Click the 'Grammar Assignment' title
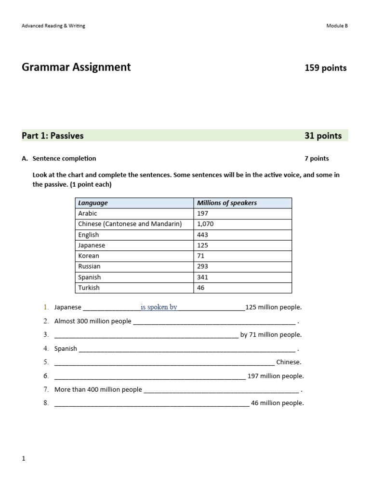coord(76,67)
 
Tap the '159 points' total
coord(325,68)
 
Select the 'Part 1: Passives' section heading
coord(53,136)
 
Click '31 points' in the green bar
coord(323,136)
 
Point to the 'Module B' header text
coord(337,26)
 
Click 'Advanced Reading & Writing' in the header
coord(53,26)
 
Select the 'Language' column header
coord(93,203)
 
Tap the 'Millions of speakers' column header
coord(227,203)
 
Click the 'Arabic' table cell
coord(88,213)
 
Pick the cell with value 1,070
coord(205,224)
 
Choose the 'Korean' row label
coord(89,256)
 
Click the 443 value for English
coord(202,235)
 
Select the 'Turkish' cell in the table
coord(89,288)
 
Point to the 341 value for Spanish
coord(202,277)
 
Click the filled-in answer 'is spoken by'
coord(159,307)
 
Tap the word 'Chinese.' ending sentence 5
coord(289,362)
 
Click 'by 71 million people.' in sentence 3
coord(271,334)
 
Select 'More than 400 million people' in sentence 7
coord(98,389)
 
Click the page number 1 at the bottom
coord(24,458)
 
